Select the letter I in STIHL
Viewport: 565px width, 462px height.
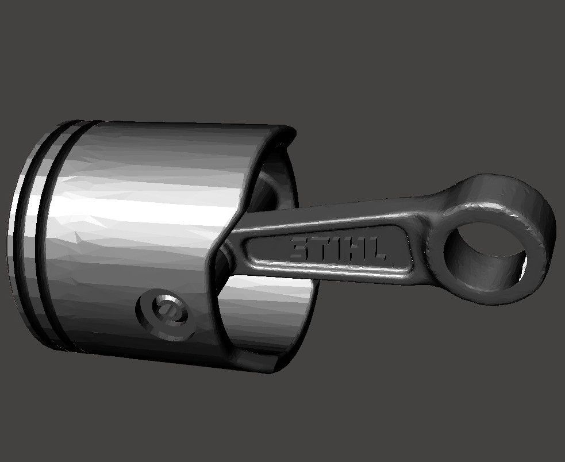(337, 249)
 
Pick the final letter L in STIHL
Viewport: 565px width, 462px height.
(376, 252)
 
